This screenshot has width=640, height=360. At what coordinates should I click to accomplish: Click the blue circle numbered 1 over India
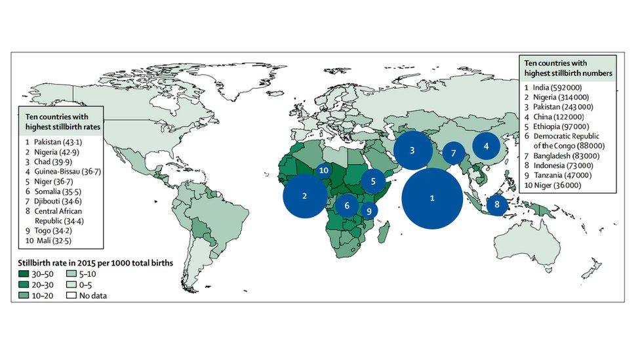click(431, 198)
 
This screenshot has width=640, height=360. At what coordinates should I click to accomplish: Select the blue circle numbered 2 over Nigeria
click(305, 195)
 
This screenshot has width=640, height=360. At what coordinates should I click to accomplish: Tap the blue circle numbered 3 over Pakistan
click(412, 150)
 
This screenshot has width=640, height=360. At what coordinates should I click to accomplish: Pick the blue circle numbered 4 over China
click(486, 146)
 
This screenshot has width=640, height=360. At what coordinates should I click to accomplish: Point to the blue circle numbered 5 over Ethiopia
click(372, 181)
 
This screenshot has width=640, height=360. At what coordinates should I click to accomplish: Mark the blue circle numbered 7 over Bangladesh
click(453, 153)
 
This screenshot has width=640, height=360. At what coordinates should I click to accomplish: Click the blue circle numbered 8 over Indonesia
click(496, 205)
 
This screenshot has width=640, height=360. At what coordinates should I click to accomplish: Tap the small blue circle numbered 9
click(369, 211)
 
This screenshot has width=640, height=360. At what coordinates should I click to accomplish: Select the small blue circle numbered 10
click(323, 170)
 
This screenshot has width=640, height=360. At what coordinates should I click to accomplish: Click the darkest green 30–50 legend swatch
click(25, 273)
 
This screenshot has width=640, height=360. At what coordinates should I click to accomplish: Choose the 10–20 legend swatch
click(25, 295)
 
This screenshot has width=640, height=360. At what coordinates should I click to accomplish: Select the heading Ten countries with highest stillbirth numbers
click(568, 67)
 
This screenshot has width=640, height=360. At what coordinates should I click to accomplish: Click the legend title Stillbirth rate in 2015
click(96, 262)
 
